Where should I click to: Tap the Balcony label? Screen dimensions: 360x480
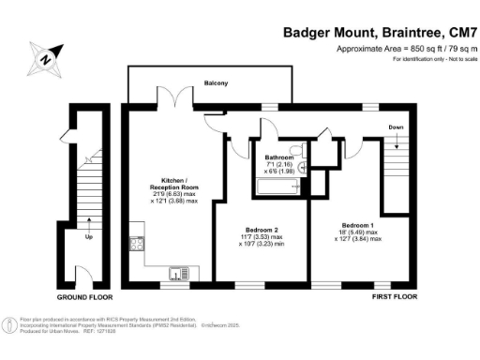(217, 83)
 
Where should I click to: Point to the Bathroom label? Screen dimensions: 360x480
(279, 157)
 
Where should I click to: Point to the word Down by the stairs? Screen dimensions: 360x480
(396, 127)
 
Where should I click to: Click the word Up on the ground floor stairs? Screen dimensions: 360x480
(89, 235)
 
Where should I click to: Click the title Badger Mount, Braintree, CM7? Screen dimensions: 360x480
(380, 32)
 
